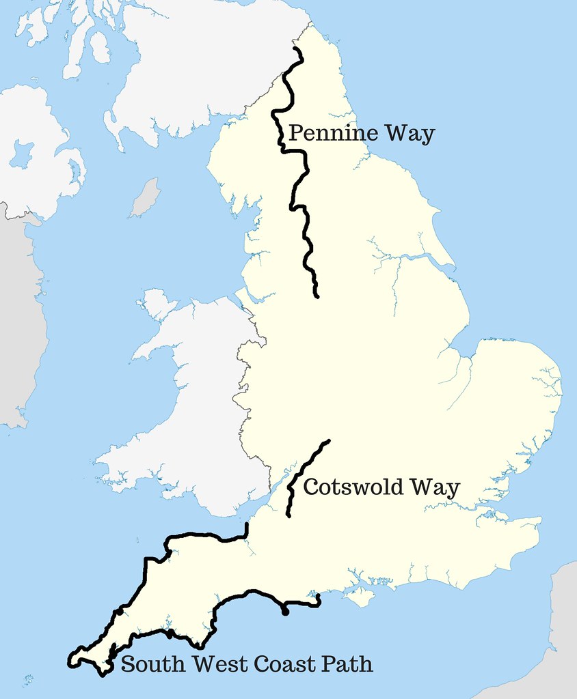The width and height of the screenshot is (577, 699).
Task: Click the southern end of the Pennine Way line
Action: pos(317,296)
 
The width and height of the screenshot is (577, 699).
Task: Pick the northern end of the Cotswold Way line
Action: pos(329,441)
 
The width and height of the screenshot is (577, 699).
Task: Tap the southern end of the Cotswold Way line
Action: pos(288,515)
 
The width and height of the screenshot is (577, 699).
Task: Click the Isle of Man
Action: pos(145,197)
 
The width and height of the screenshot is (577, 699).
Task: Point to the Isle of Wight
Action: pos(360,598)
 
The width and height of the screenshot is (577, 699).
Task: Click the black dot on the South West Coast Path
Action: pos(285,612)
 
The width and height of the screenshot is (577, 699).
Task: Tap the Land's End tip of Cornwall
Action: pos(70,661)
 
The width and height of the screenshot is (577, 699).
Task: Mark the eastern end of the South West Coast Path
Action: pos(319,599)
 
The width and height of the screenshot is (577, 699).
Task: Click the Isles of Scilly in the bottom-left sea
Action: pos(27,679)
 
